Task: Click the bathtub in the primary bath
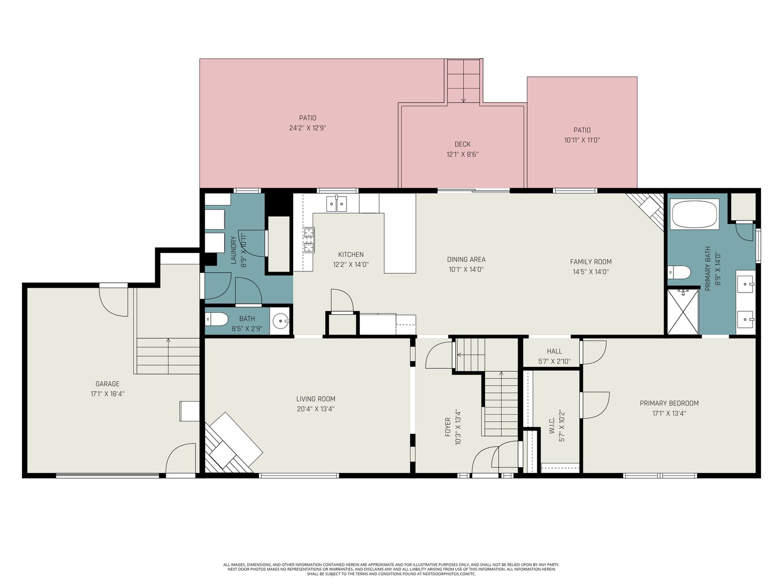(x=694, y=213)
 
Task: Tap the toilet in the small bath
(x=216, y=319)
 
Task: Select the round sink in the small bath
(x=281, y=321)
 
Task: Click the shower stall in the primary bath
(x=683, y=312)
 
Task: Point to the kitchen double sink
(x=336, y=204)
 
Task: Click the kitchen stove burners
(x=309, y=240)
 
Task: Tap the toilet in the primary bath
(x=679, y=272)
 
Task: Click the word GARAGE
(x=107, y=384)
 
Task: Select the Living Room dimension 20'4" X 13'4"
(x=316, y=409)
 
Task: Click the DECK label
(x=462, y=144)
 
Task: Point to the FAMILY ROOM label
(x=591, y=262)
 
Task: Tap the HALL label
(x=554, y=351)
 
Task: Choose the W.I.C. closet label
(x=552, y=426)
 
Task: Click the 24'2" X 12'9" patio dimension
(x=308, y=128)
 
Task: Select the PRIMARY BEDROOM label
(x=669, y=403)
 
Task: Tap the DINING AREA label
(x=466, y=259)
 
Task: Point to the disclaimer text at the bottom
(x=391, y=569)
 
